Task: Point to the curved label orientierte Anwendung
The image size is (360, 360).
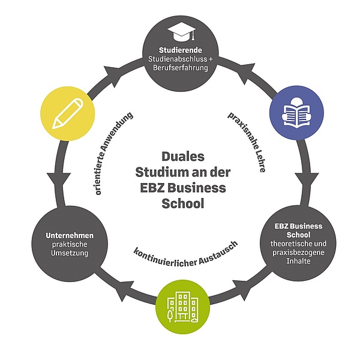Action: click(114, 153)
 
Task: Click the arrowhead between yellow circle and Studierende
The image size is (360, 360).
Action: click(111, 72)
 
